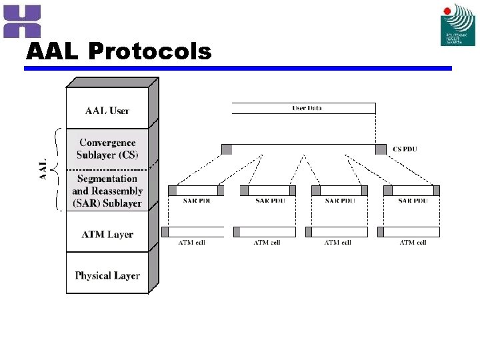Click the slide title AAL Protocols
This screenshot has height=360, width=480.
(x=118, y=51)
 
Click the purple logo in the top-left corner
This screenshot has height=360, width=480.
(x=22, y=21)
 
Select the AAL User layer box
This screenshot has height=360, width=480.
(x=107, y=111)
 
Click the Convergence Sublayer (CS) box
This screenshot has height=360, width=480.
(x=107, y=149)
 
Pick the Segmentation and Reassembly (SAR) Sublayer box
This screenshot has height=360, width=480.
(x=107, y=191)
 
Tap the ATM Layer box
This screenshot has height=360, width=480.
(x=107, y=235)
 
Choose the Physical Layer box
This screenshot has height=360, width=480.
(x=107, y=275)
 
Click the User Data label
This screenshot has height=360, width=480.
(x=307, y=108)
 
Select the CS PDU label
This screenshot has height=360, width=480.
(x=405, y=149)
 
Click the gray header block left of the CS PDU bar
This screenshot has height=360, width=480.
(x=227, y=149)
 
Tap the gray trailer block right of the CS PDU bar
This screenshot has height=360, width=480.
(x=381, y=149)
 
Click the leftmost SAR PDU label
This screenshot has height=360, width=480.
(x=195, y=201)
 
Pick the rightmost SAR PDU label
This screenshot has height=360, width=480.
(x=413, y=201)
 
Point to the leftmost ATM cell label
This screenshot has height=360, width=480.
(x=191, y=243)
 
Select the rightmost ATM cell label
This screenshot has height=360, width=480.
(x=413, y=243)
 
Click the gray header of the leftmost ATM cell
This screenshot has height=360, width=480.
(x=165, y=232)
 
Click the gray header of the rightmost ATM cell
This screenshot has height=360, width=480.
(x=381, y=232)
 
